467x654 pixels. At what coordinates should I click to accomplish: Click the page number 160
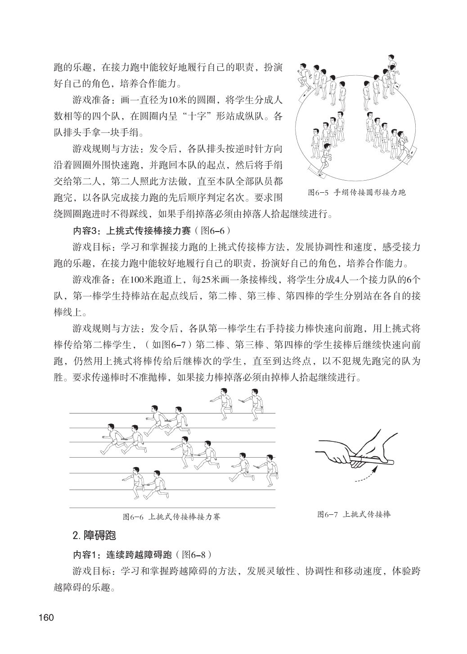pos(46,617)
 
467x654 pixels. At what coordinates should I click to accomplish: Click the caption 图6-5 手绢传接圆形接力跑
pos(357,193)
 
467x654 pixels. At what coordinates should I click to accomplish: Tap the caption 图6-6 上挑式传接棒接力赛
pos(172,517)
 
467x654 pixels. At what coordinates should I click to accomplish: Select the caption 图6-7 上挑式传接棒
pos(354,514)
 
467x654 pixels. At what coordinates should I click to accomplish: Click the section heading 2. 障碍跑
pos(94,536)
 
